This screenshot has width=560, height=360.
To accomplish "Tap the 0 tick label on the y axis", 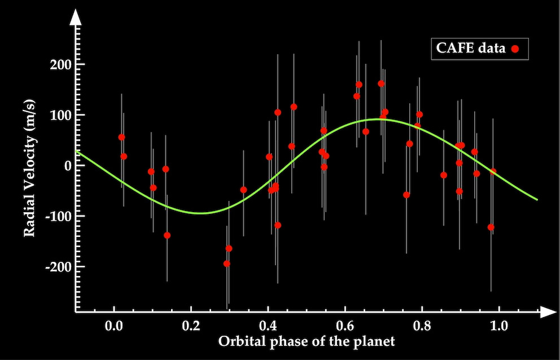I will point(67,165).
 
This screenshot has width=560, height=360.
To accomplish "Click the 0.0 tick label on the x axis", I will point(114,326).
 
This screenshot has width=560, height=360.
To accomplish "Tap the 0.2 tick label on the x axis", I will point(191,326).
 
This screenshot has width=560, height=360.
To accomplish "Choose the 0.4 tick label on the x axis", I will point(268,326).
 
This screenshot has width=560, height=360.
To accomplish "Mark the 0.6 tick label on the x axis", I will point(345,326).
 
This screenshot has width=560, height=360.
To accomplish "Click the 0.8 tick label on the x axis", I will point(422,326).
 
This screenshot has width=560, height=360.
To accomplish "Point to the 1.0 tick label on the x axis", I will point(498,326).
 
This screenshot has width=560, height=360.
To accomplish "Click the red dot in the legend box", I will point(515,49).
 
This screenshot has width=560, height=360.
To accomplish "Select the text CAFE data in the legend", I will point(471,49).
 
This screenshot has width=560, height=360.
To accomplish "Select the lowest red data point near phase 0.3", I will point(227,264).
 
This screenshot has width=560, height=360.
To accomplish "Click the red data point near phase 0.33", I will point(243,190).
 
